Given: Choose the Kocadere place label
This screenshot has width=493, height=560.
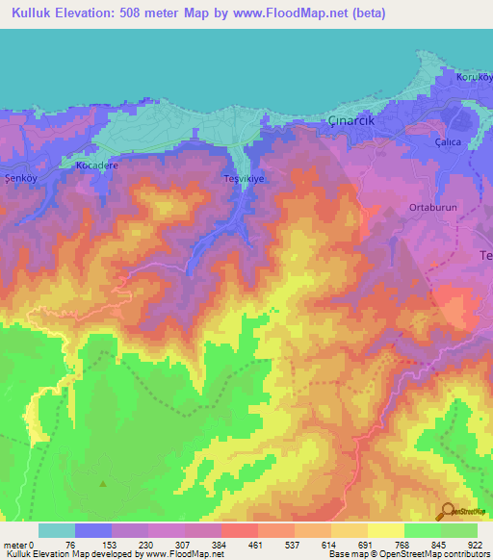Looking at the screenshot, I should pyautogui.click(x=95, y=165).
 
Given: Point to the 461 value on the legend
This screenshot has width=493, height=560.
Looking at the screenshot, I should pyautogui.click(x=255, y=544).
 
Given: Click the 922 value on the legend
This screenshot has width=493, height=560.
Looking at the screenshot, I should pyautogui.click(x=477, y=544).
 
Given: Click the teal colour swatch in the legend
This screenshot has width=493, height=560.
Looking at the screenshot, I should pyautogui.click(x=56, y=530).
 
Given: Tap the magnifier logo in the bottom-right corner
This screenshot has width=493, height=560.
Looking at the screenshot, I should pyautogui.click(x=448, y=510).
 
